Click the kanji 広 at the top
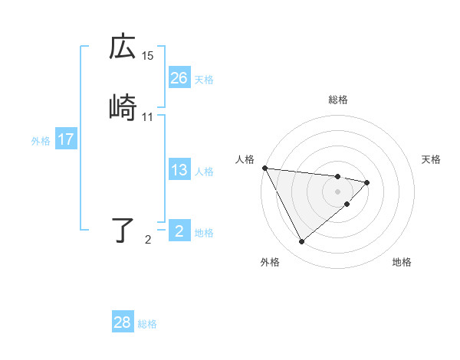[x=123, y=47]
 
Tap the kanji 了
[x=123, y=230]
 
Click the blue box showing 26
[x=179, y=78]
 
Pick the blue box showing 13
[x=179, y=170]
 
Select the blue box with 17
[x=66, y=139]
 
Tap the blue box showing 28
[x=123, y=322]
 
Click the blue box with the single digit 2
[x=179, y=231]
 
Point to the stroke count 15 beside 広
[x=148, y=56]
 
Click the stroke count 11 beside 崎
[x=148, y=117]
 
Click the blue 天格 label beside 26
[x=204, y=79]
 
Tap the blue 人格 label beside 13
[x=204, y=171]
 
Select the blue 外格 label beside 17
[x=41, y=141]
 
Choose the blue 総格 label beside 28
[x=148, y=324]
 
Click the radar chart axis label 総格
[x=338, y=100]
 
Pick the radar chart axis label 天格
[x=432, y=159]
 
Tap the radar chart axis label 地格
[x=402, y=262]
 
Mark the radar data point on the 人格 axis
[x=264, y=168]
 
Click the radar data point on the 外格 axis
[x=301, y=242]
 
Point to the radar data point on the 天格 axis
[x=368, y=182]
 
